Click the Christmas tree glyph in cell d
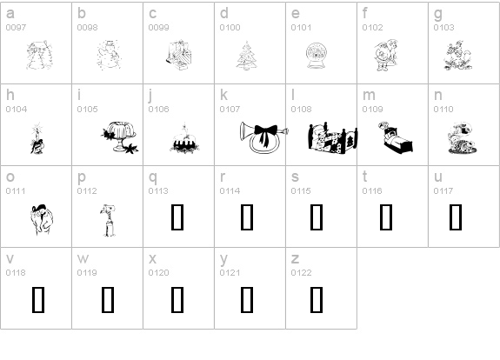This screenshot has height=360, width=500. [x=247, y=55]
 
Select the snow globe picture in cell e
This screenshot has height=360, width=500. [x=316, y=56]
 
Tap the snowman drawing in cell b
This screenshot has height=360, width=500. [x=109, y=55]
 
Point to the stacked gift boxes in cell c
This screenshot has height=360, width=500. [x=179, y=55]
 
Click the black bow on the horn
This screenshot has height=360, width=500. [x=265, y=134]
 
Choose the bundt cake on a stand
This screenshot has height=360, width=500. [x=120, y=137]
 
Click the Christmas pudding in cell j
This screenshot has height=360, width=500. [x=184, y=139]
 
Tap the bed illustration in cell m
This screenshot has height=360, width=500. [x=396, y=137]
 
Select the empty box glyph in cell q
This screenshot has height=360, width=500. [x=177, y=217]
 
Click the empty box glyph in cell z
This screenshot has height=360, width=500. [x=317, y=300]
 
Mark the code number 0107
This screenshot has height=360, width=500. [x=230, y=110]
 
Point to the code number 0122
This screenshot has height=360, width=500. [x=301, y=273]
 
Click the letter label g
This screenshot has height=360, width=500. [x=438, y=14]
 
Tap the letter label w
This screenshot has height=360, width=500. [x=83, y=258]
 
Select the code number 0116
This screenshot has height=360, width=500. [x=372, y=191]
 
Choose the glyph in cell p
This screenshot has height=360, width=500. [x=108, y=220]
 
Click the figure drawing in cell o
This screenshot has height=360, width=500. [x=42, y=220]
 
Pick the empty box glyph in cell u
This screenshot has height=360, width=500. [x=456, y=217]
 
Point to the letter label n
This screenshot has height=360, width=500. [x=437, y=96]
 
